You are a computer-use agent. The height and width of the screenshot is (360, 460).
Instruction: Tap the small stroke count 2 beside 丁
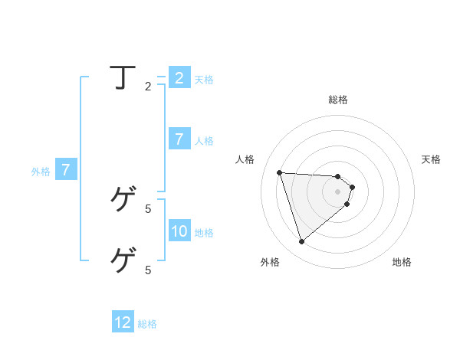pyautogui.click(x=148, y=87)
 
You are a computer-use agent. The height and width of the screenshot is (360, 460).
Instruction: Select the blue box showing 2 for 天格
pyautogui.click(x=179, y=78)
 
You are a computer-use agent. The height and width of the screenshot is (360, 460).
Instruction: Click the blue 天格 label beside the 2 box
pyautogui.click(x=204, y=80)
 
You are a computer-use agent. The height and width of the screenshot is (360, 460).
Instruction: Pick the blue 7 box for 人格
pyautogui.click(x=179, y=139)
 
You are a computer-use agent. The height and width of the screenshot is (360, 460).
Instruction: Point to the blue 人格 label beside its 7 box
pyautogui.click(x=204, y=141)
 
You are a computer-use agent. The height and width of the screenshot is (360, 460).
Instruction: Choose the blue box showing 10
pyautogui.click(x=179, y=231)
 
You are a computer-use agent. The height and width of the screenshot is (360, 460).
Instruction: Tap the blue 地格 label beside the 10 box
pyautogui.click(x=204, y=233)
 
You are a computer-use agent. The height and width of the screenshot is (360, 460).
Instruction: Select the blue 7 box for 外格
pyautogui.click(x=66, y=169)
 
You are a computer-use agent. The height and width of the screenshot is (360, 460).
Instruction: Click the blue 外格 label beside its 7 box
pyautogui.click(x=41, y=172)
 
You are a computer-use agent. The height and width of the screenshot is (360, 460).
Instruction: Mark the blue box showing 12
pyautogui.click(x=123, y=322)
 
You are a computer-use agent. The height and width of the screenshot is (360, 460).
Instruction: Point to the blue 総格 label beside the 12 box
pyautogui.click(x=147, y=325)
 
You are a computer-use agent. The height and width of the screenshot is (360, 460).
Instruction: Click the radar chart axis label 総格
pyautogui.click(x=338, y=100)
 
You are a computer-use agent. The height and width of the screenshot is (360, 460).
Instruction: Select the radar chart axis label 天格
pyautogui.click(x=432, y=159)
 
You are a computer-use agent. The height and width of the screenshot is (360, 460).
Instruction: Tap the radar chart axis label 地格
pyautogui.click(x=402, y=262)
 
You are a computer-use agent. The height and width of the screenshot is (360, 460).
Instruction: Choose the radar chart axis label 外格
pyautogui.click(x=270, y=262)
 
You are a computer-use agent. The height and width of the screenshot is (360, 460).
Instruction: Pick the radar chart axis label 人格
pyautogui.click(x=245, y=159)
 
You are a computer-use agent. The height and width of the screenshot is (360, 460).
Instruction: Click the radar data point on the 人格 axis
pyautogui.click(x=280, y=172)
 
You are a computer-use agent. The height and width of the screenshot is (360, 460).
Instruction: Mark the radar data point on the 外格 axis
pyautogui.click(x=301, y=242)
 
